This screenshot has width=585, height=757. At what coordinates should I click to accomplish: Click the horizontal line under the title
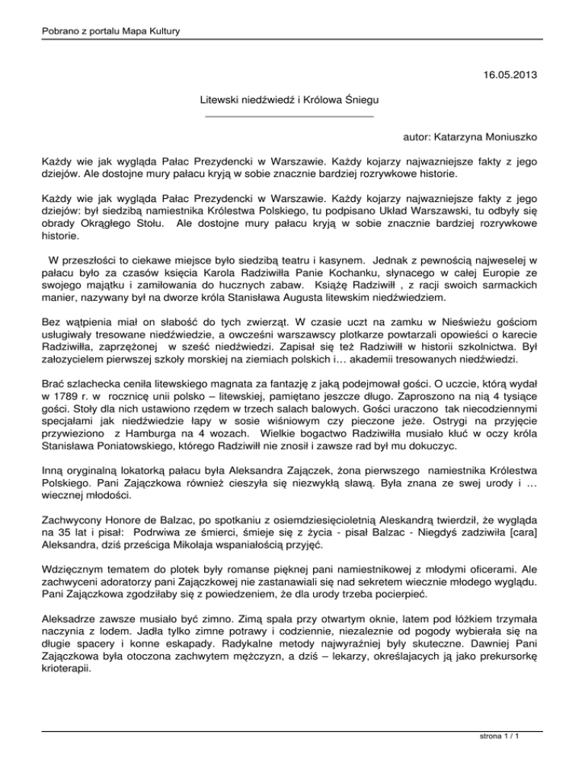pyautogui.click(x=285, y=117)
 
